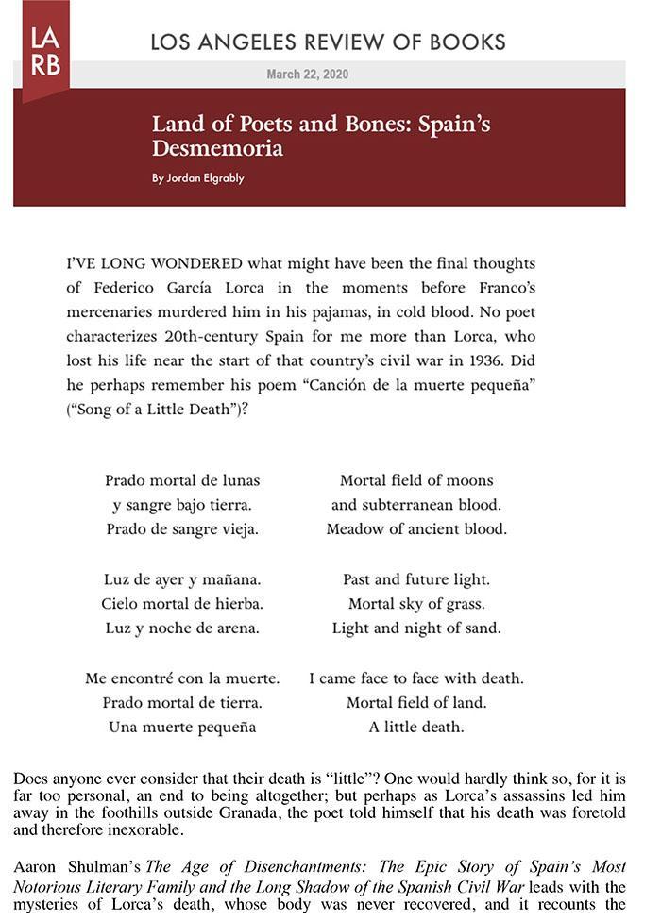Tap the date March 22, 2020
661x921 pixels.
[307, 75]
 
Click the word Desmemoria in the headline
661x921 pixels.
[217, 149]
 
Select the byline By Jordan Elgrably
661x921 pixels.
[198, 178]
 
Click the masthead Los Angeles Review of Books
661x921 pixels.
[328, 42]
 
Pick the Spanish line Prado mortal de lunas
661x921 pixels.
[182, 480]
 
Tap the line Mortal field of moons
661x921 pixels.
[416, 480]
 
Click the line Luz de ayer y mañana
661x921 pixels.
[182, 578]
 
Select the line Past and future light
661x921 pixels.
[416, 578]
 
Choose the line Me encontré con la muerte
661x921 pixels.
[182, 678]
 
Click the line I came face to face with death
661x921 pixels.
[416, 678]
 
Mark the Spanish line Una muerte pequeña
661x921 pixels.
[182, 727]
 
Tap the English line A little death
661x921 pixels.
[416, 727]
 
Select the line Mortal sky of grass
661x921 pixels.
[416, 603]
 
